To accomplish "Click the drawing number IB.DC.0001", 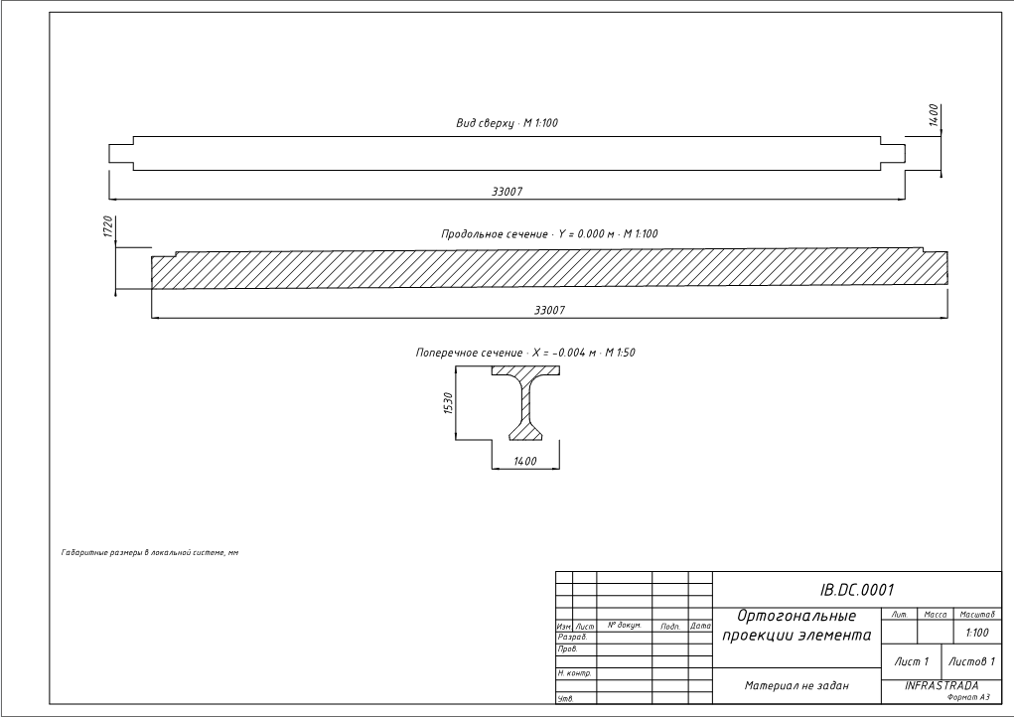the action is coord(857,590).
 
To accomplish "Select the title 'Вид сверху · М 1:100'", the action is coord(507,123).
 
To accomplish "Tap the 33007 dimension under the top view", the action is coord(507,192).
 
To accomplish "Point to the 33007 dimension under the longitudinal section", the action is coord(549,310).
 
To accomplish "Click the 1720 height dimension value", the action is coord(108,227).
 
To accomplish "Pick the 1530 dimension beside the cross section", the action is coord(449,403).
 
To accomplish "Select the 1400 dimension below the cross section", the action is coord(525,461).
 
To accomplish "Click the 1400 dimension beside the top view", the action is coord(934,115).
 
